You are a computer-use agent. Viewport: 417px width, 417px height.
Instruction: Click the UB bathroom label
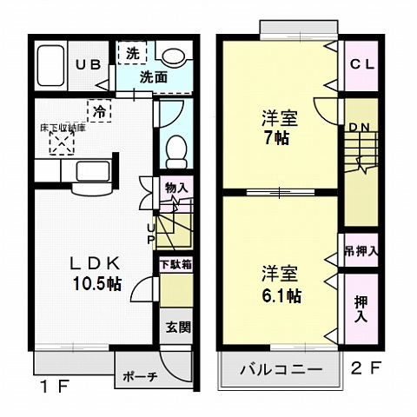85,65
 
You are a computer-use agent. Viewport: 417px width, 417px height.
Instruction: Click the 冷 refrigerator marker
101,111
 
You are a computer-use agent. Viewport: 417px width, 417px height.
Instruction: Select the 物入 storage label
176,188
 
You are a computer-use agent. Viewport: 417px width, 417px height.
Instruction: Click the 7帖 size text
278,137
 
